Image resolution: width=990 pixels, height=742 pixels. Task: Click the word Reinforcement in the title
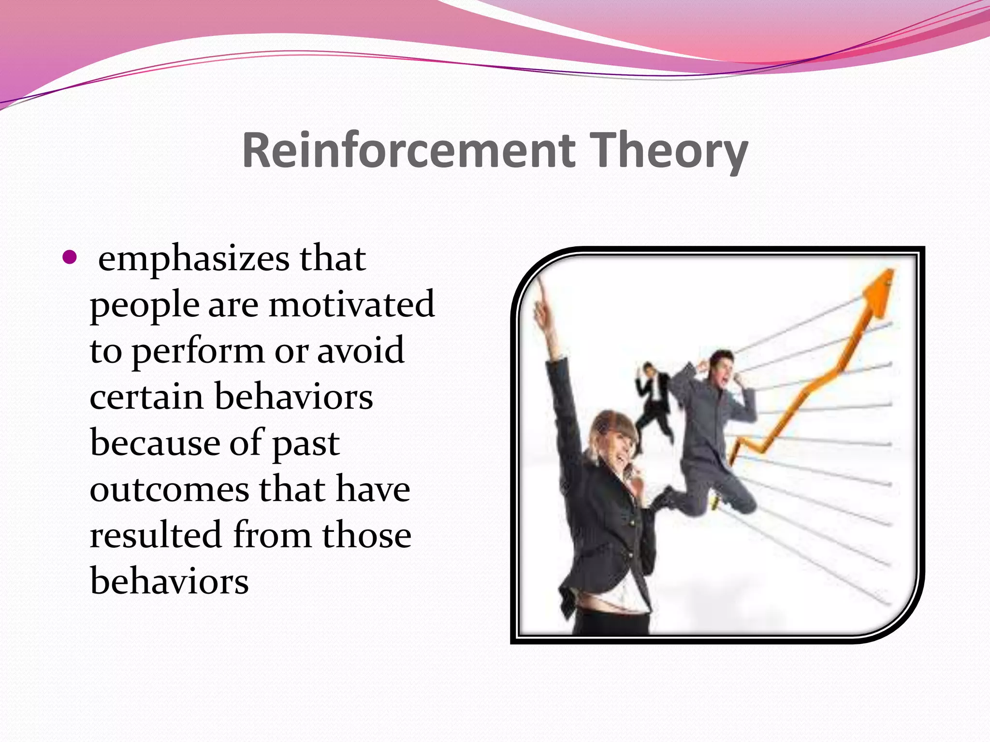click(x=408, y=150)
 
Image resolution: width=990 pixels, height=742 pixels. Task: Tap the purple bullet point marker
click(x=70, y=257)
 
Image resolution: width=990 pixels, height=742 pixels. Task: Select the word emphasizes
click(x=193, y=259)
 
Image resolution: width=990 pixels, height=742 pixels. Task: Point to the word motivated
click(x=351, y=305)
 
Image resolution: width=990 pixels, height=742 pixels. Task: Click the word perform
click(x=198, y=352)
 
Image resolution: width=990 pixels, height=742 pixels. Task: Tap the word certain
click(x=146, y=397)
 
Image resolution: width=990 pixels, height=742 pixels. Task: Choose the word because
click(x=155, y=442)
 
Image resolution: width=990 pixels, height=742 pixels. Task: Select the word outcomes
click(x=169, y=489)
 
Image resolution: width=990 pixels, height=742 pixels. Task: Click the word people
click(x=144, y=306)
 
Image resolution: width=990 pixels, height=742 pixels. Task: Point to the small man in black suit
click(x=654, y=401)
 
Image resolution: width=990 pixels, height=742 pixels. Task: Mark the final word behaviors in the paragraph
click(x=169, y=581)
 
